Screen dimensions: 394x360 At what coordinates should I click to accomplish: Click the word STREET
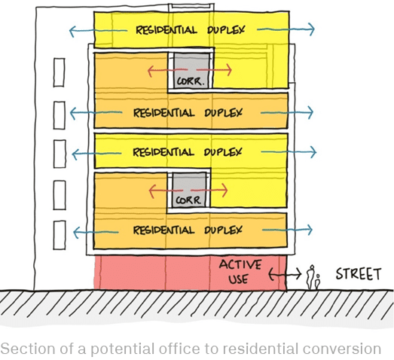tap(359, 274)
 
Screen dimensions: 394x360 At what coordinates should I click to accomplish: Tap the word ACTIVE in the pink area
tap(240, 264)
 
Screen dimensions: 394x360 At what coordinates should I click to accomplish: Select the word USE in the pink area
tap(238, 279)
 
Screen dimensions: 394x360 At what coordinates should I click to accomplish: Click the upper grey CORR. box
tap(191, 70)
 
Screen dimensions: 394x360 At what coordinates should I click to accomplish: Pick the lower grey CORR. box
tap(189, 190)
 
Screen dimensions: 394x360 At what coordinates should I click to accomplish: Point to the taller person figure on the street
tap(311, 277)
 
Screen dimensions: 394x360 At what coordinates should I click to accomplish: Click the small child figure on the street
tap(318, 282)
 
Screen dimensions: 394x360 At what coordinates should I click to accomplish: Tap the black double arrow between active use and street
tap(285, 273)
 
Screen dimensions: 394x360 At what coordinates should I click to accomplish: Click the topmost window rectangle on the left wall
tap(59, 72)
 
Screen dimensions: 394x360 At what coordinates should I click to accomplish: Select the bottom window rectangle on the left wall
tap(60, 235)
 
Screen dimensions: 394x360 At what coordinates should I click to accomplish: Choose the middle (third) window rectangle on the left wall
tap(60, 154)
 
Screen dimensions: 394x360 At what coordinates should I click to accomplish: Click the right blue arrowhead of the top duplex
tap(311, 29)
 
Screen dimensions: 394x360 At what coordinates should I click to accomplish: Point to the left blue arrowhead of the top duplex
tap(72, 32)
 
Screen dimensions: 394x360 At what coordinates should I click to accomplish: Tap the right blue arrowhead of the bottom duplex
tap(310, 230)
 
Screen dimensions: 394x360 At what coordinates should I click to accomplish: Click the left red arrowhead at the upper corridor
tap(151, 71)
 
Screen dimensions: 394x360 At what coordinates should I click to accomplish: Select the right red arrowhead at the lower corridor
tap(224, 190)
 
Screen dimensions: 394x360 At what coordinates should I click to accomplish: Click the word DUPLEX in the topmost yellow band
tap(226, 30)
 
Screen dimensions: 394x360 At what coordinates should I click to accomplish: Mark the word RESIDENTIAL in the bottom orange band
tap(163, 230)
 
